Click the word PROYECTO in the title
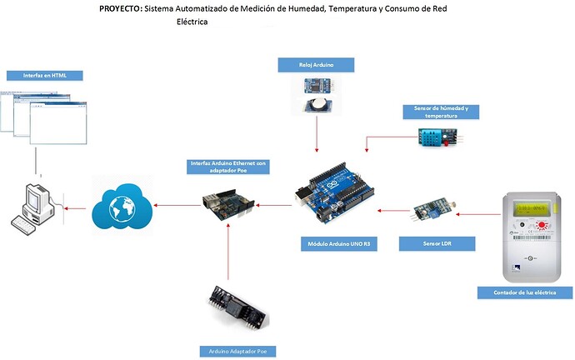coord(119,9)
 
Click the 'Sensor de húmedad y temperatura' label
coord(441,112)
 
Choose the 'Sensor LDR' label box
coord(437,244)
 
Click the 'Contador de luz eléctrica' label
coord(525,292)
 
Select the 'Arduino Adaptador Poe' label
coord(229,351)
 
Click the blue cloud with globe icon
coord(126,205)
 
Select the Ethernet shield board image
coord(226,203)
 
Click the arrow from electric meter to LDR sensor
coord(477,214)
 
